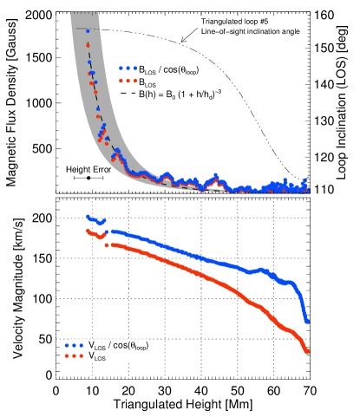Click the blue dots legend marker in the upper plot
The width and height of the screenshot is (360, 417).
[x=128, y=68]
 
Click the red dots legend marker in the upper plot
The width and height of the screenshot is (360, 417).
[x=128, y=81]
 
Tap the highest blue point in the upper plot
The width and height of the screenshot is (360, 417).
[x=88, y=30]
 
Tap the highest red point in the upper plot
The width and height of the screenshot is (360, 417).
[x=88, y=45]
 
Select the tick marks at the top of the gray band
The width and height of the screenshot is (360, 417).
[x=82, y=15]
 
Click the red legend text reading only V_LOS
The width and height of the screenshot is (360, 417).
[x=97, y=356]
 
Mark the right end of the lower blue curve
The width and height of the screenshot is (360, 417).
[x=308, y=322]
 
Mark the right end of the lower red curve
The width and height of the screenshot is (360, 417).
[x=308, y=350]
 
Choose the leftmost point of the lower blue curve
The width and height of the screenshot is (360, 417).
[x=88, y=216]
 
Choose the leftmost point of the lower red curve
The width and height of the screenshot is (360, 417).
[x=88, y=231]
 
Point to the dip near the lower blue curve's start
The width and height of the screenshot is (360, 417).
[x=101, y=223]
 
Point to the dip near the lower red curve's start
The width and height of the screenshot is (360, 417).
[x=101, y=236]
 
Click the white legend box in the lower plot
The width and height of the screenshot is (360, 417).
[x=108, y=351]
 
